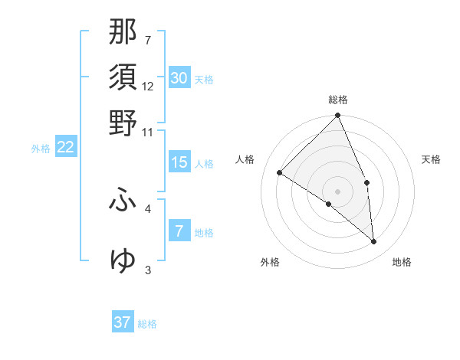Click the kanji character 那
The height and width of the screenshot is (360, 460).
pos(123,33)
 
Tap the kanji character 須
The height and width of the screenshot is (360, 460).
pos(123,77)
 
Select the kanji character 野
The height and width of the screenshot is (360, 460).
pos(123,123)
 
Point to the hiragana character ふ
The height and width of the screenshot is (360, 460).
pos(123,201)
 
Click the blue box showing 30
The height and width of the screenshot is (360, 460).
pos(179,78)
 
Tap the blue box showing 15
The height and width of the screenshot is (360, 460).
pos(179,162)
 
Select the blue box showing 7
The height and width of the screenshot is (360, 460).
pos(179,231)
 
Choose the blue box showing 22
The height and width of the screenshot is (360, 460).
pos(66,147)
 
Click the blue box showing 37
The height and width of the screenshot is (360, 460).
pos(123,322)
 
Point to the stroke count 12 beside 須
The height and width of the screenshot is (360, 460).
pos(148,86)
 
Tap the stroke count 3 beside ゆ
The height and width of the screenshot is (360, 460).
pos(148,270)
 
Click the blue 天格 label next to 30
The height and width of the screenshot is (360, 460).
pos(204,80)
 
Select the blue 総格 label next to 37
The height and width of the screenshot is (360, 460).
pos(147,324)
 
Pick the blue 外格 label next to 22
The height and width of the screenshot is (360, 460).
pos(41,149)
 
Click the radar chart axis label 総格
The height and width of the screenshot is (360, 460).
pos(338,100)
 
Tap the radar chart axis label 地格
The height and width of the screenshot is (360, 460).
pos(402,263)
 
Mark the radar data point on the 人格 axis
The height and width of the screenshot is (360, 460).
pos(280,172)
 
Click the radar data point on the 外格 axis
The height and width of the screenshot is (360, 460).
pos(329,204)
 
